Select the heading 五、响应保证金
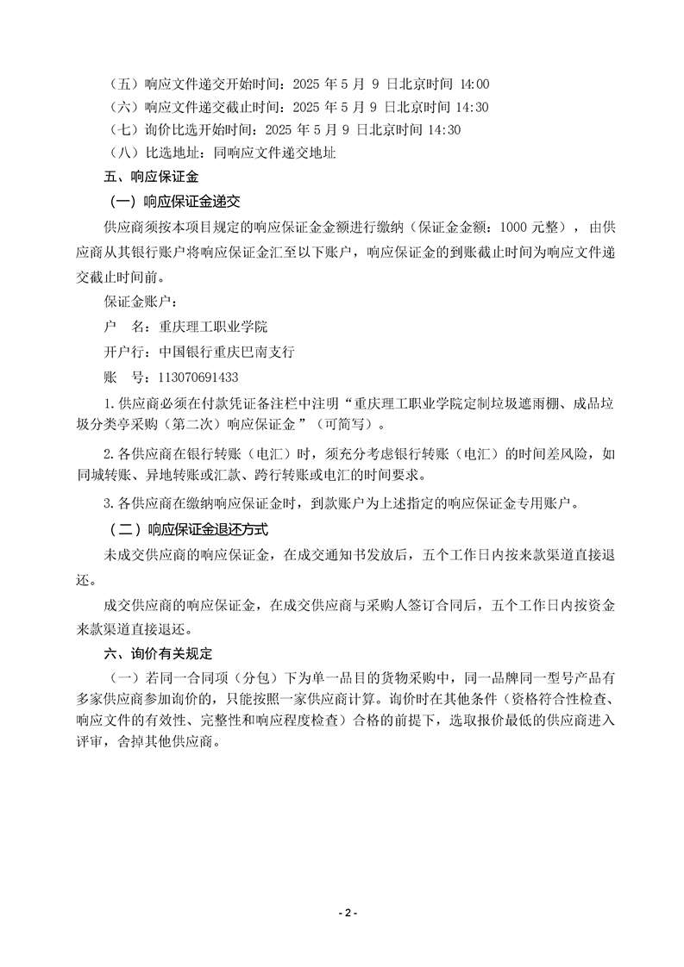click(x=151, y=178)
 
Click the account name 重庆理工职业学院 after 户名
click(x=214, y=328)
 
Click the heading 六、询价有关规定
click(x=157, y=653)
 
